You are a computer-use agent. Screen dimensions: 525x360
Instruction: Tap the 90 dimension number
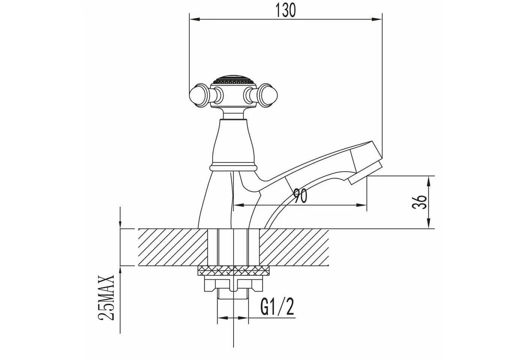click(x=300, y=196)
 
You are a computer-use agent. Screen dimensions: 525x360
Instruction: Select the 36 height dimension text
click(x=419, y=202)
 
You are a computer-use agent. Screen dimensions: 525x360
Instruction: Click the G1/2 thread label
click(x=277, y=307)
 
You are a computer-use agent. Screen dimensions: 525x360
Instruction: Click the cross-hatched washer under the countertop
click(x=234, y=271)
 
